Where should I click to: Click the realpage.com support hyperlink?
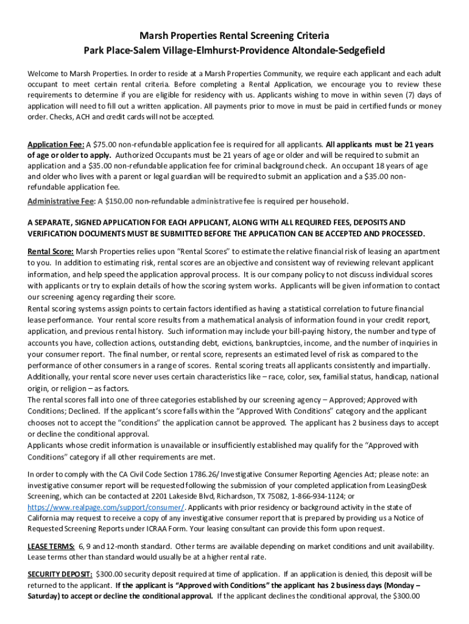[x=106, y=507]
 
